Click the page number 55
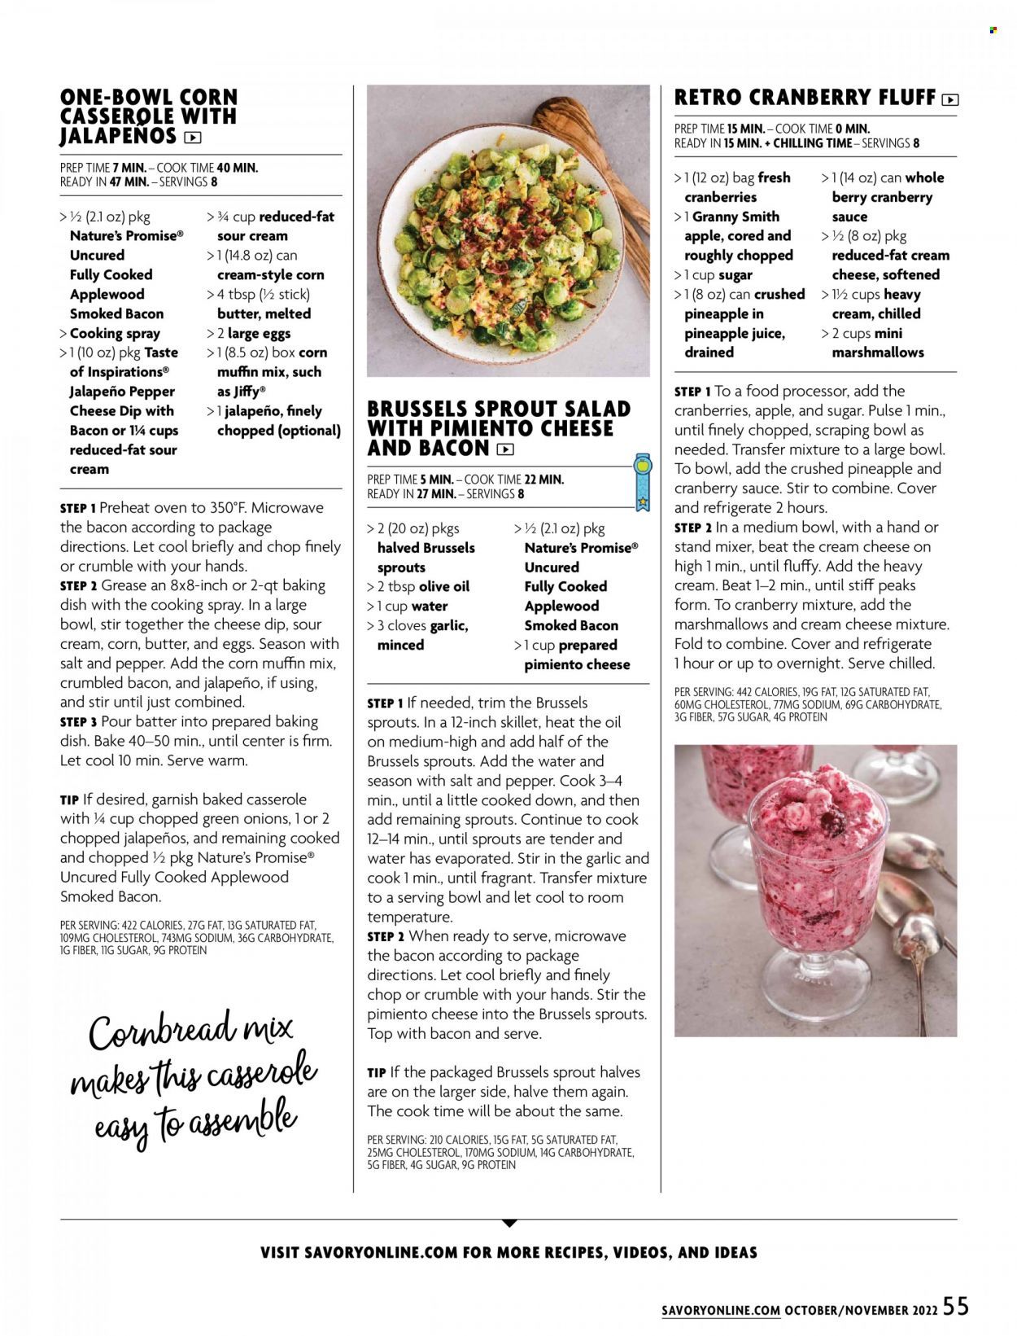957,1306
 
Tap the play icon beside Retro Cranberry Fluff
949,100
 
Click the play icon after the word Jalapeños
193,138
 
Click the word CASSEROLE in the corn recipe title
114,116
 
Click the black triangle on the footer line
508,1223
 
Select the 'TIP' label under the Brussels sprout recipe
376,1073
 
